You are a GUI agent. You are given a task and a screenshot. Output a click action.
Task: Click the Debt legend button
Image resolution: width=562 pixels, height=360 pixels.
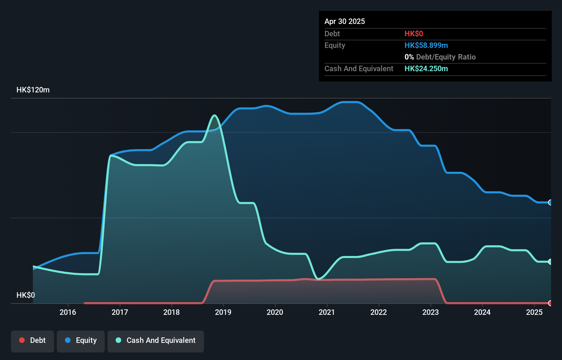pos(33,340)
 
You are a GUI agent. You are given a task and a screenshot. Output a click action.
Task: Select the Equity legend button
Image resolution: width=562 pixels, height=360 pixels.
pos(81,340)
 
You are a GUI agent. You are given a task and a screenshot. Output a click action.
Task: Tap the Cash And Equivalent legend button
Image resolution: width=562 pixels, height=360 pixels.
pos(156,340)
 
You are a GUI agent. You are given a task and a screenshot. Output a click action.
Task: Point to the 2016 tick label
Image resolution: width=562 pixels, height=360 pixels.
pos(68,312)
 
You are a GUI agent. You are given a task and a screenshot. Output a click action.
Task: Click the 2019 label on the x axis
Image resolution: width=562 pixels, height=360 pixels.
pos(223,312)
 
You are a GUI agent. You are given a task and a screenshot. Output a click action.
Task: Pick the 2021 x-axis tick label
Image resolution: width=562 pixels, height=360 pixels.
pos(327,312)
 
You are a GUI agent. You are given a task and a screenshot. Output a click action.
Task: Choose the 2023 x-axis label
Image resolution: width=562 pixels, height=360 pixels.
pos(431,312)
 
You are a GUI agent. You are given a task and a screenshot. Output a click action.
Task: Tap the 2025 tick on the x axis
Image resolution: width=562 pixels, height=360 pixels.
pos(534,312)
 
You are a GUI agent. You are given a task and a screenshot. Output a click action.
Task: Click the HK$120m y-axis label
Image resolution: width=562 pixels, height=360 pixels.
pos(33,90)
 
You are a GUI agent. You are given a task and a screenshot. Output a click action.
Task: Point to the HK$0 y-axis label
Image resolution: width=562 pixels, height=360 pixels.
pos(26,295)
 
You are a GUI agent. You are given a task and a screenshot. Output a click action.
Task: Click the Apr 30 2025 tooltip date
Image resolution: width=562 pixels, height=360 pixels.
pos(345,21)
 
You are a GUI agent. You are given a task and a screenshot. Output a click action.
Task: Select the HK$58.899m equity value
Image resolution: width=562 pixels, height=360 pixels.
pos(426,46)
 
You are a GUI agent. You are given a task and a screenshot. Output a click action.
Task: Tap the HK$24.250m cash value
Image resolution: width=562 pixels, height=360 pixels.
pos(426,69)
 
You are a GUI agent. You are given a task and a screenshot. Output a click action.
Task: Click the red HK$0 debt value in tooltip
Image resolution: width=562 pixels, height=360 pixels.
pos(414,34)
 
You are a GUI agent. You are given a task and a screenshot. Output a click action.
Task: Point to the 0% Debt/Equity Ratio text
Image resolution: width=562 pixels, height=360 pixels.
pos(440,57)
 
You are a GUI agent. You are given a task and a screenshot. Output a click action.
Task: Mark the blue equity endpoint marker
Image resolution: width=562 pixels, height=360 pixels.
pos(550,203)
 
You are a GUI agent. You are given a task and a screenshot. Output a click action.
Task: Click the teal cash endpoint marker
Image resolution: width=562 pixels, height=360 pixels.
pos(550,262)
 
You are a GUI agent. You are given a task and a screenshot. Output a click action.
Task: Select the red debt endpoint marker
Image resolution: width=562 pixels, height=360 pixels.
pos(550,303)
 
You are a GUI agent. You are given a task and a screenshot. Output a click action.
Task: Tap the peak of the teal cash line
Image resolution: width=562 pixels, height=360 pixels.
pos(215,115)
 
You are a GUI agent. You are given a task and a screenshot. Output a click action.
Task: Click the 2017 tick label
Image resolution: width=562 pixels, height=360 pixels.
pos(120,312)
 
